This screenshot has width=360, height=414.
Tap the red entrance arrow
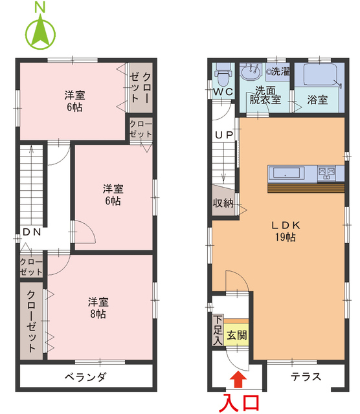coord(238,380)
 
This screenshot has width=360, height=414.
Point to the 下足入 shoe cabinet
coord(218,330)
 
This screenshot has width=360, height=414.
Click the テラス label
coord(305,376)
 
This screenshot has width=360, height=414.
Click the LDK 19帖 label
coord(283,231)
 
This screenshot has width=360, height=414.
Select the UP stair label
coord(223,135)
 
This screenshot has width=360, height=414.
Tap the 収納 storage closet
coord(223,202)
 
